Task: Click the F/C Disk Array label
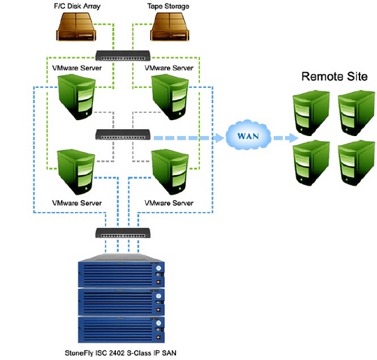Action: pos(77,6)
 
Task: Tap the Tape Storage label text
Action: pos(168,6)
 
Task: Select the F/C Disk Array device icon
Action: pos(76,27)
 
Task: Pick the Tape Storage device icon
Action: pos(170,27)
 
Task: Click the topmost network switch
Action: pos(123,56)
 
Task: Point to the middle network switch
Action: pos(123,135)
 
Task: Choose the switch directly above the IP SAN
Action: pos(123,233)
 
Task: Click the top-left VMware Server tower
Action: pos(77,96)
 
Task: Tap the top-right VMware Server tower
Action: pos(170,96)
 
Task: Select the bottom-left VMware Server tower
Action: pos(77,172)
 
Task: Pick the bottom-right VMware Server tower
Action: pos(170,172)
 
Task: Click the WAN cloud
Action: pos(249,135)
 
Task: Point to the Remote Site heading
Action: pos(334,77)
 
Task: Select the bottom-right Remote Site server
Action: pos(356,163)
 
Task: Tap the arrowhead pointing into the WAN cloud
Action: pos(219,138)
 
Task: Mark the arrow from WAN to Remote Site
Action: pos(286,138)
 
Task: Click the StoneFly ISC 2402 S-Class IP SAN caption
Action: pos(121,353)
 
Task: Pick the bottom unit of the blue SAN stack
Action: pos(121,329)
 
